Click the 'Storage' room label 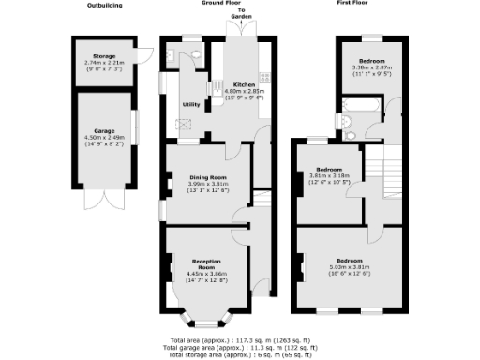tap(103, 59)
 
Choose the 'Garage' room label tap(103, 130)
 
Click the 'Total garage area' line tap(240, 347)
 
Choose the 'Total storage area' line tap(240, 354)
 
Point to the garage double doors tap(103, 200)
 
